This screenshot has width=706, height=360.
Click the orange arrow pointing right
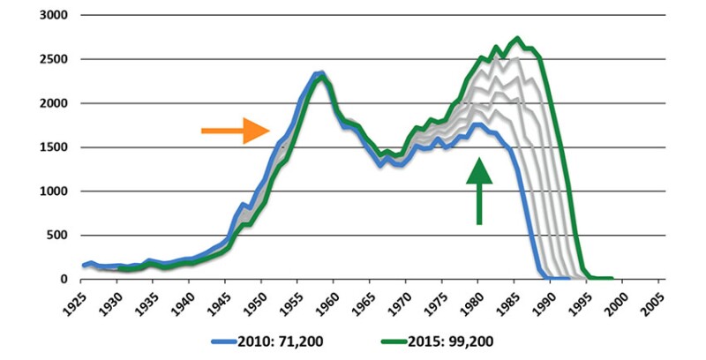235,131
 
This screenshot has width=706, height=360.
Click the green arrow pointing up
479,191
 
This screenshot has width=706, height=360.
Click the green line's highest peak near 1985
518,38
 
